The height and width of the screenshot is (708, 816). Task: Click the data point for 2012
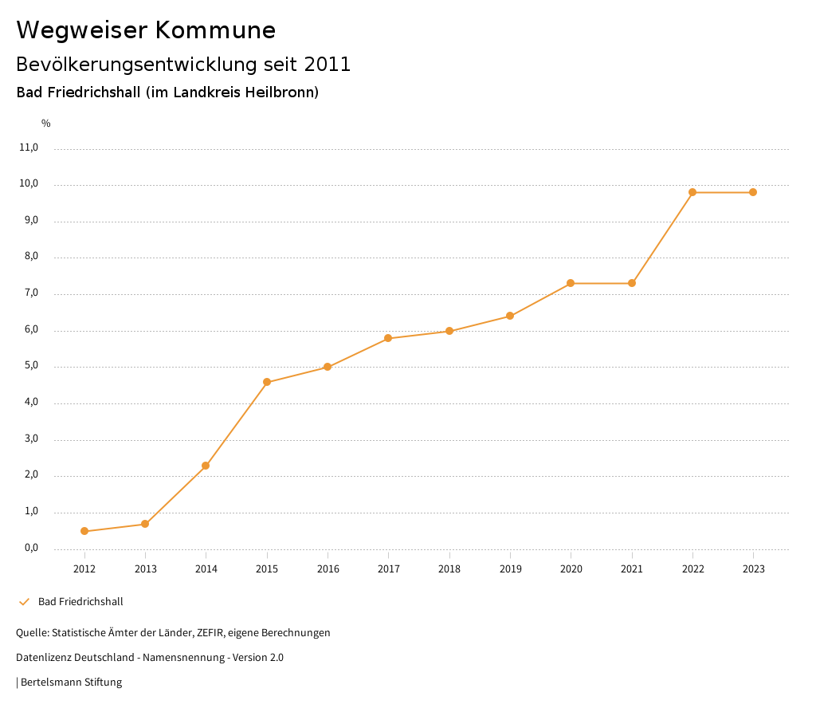coord(84,531)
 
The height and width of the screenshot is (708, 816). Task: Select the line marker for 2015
coord(267,382)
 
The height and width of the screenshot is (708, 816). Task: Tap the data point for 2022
coord(692,192)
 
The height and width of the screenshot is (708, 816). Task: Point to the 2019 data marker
coord(510,316)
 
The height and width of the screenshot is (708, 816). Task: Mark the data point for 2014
coord(206,466)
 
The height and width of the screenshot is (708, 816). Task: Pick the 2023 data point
coord(753,192)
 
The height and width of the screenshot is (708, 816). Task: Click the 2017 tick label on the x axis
coord(389,569)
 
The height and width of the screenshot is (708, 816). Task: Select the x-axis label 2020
coord(571,569)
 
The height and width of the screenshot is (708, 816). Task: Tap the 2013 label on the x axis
coord(145,569)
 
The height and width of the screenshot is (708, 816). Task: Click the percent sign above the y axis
coord(46,124)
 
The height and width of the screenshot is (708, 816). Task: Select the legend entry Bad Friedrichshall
coord(80,602)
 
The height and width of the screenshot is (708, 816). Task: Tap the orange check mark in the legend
coord(24,602)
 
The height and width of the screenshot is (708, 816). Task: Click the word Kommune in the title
coord(215,30)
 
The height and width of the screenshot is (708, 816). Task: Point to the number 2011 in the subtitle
coord(327,65)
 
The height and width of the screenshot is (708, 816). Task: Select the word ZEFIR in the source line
coord(210,633)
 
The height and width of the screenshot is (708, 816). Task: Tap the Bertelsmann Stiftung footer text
coord(71,682)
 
